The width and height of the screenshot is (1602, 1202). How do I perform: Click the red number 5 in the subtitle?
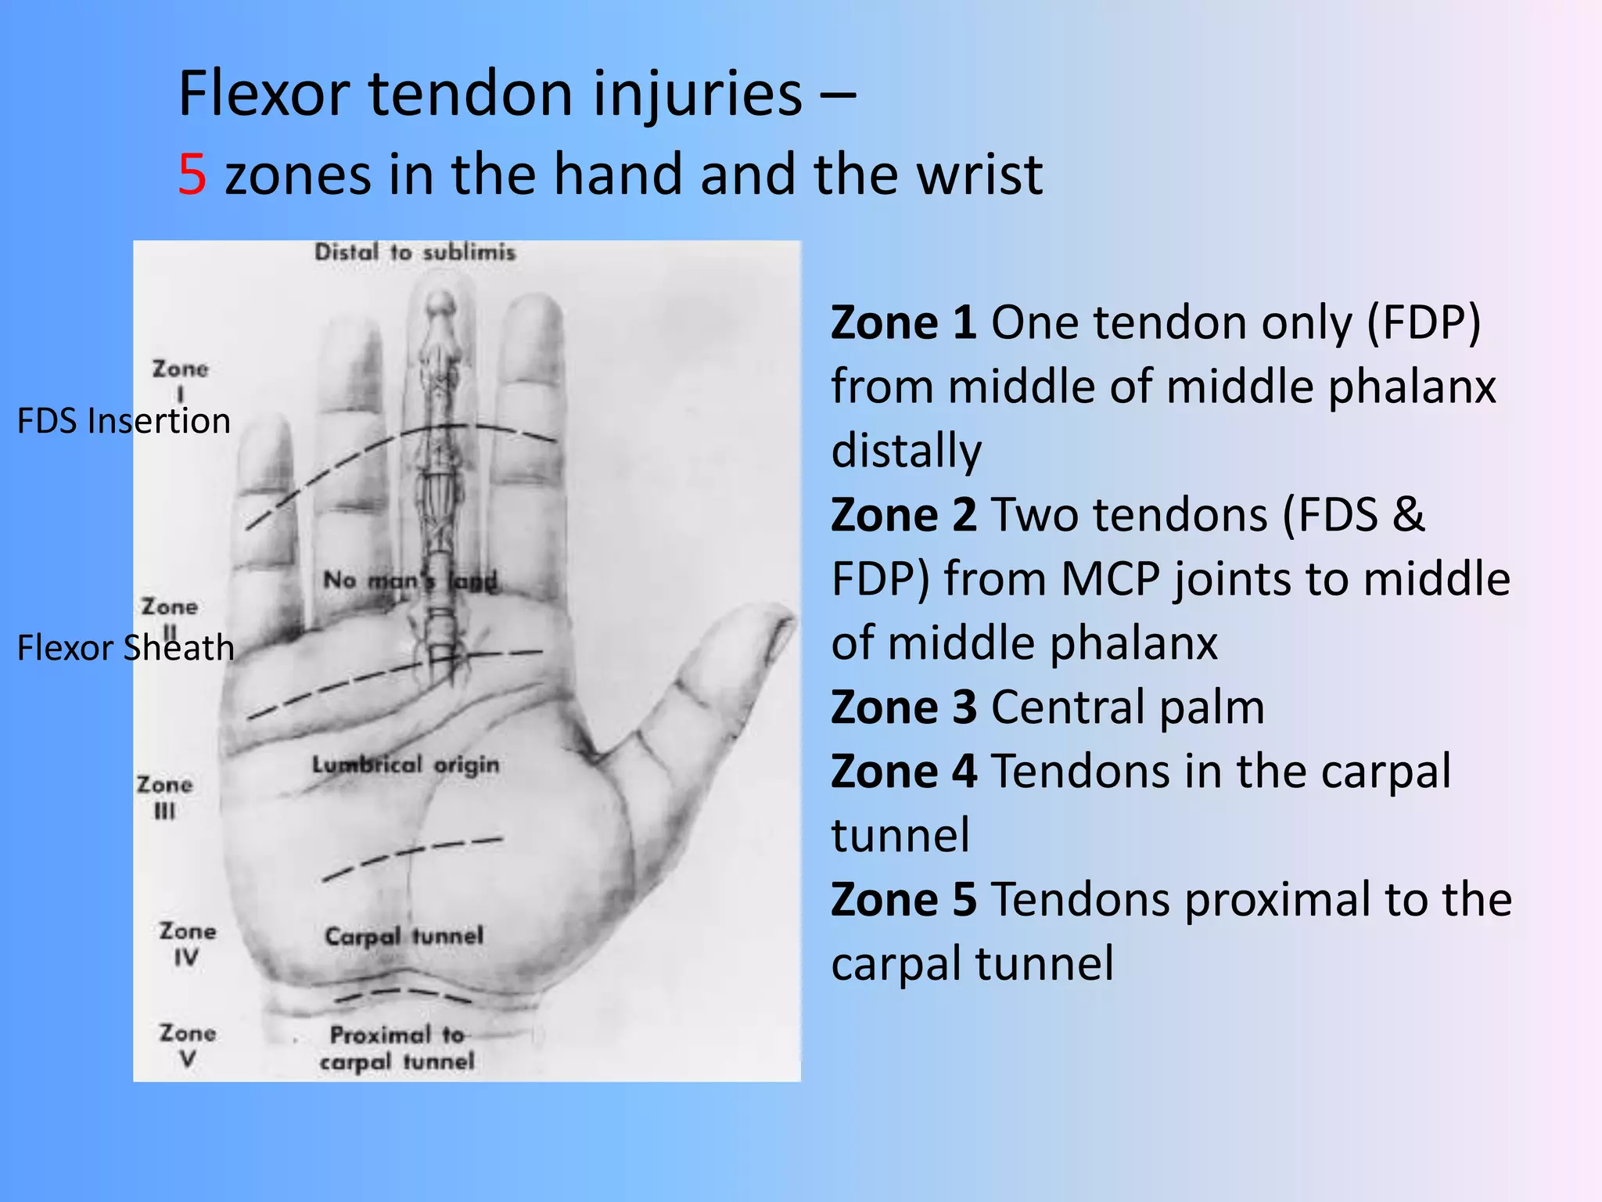point(192,174)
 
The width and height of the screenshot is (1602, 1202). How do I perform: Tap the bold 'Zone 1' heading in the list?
point(903,322)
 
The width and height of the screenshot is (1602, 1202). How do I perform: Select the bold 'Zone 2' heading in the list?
point(903,515)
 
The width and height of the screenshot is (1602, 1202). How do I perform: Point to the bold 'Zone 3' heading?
point(903,707)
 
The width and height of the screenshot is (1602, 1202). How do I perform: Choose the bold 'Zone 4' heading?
point(903,772)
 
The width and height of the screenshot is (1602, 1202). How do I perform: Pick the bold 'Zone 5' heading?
point(903,899)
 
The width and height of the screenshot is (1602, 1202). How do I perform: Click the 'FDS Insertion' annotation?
point(124,421)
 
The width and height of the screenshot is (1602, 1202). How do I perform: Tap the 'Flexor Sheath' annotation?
point(125,648)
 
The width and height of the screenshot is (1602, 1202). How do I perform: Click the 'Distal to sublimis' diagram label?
point(415,253)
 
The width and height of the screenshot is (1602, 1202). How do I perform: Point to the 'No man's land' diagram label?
point(410,581)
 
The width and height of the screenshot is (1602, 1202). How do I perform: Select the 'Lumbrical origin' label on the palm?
point(405,765)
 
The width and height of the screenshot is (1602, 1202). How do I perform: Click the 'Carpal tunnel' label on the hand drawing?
point(404,936)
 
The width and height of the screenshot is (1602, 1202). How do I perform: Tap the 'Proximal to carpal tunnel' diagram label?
point(397,1048)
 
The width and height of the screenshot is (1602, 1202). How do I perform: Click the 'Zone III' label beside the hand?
point(164,797)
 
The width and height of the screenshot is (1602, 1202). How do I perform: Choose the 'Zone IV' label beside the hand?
point(188,944)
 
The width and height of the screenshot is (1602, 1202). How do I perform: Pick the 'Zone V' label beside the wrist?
point(188,1045)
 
